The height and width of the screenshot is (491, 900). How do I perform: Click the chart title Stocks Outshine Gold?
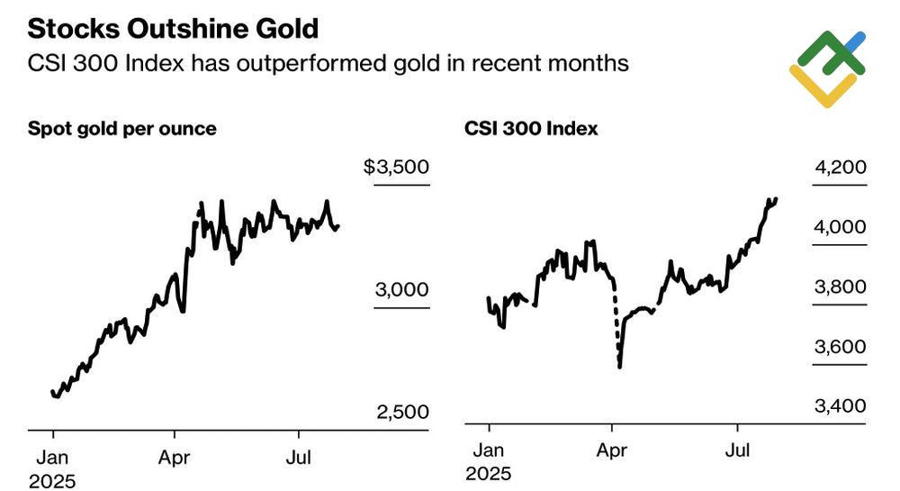173,29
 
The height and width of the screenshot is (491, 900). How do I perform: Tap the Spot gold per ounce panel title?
122,129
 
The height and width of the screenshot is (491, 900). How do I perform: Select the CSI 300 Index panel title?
531,129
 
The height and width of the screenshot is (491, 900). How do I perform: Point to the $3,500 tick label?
397,168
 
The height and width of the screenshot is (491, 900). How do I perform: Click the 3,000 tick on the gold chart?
402,290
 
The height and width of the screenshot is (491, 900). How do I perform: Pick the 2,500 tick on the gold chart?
402,413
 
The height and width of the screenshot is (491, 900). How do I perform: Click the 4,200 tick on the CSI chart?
840,168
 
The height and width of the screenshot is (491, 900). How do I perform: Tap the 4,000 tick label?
840,227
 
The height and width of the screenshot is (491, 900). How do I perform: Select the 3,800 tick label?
840,287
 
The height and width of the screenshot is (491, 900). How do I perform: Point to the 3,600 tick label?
840,347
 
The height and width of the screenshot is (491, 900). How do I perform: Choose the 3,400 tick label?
840,406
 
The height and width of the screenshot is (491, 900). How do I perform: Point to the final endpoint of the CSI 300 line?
776,199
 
